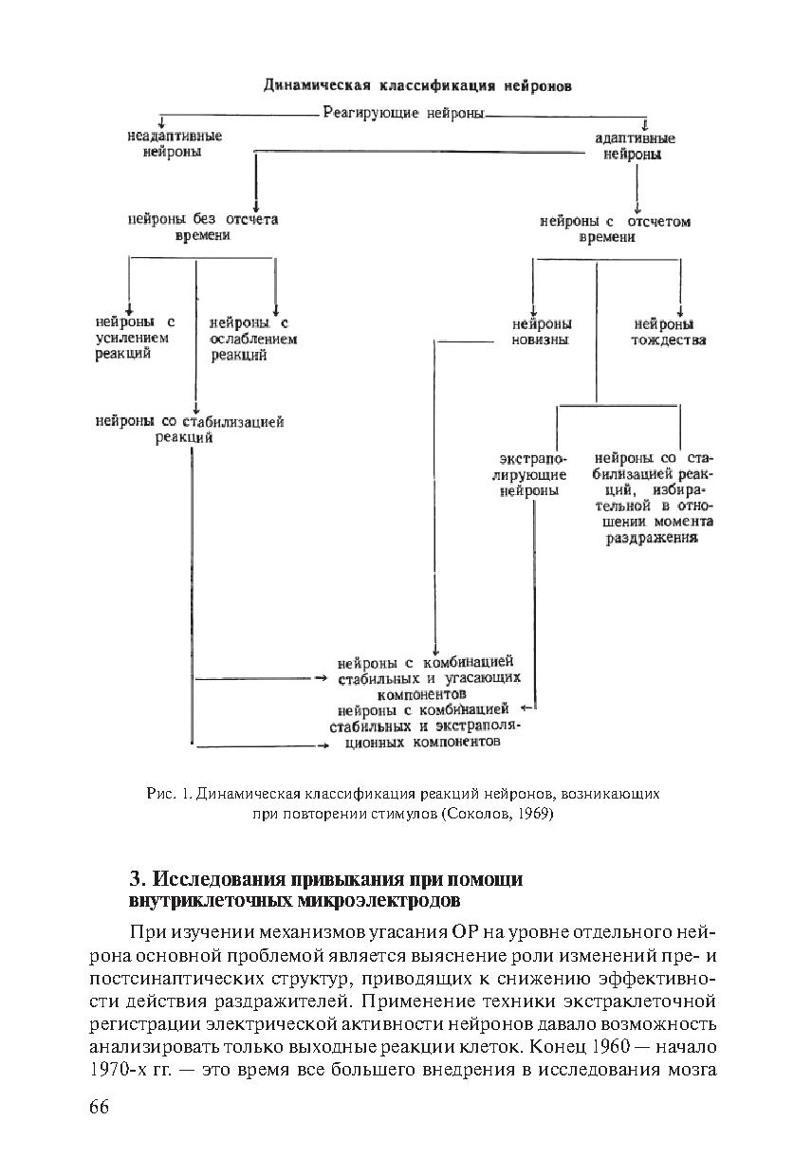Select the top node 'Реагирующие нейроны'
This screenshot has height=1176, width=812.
[403, 114]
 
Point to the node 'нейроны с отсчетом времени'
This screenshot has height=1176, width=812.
[615, 230]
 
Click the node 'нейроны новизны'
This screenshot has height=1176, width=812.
[540, 332]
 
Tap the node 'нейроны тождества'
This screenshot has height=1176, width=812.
[669, 332]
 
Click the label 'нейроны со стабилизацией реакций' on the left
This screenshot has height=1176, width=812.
[190, 430]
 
